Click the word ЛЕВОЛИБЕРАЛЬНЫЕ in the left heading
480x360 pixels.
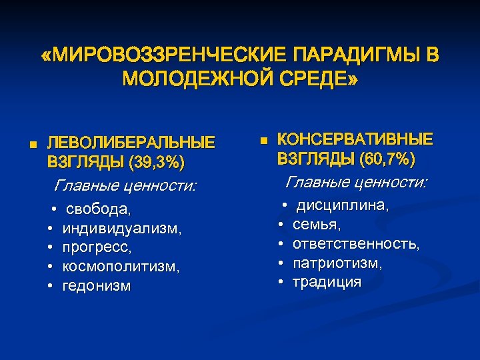(131, 143)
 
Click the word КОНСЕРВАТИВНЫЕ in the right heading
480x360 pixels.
(355, 139)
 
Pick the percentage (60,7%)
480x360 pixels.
(387, 159)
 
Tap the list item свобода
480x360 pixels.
(99, 209)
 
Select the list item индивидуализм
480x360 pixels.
(121, 229)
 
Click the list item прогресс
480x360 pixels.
(97, 247)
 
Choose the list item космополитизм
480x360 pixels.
(121, 267)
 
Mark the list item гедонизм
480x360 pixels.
(96, 286)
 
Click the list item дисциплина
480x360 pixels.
(343, 206)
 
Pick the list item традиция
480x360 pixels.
(327, 283)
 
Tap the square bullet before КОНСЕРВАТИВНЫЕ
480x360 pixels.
(263, 141)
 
